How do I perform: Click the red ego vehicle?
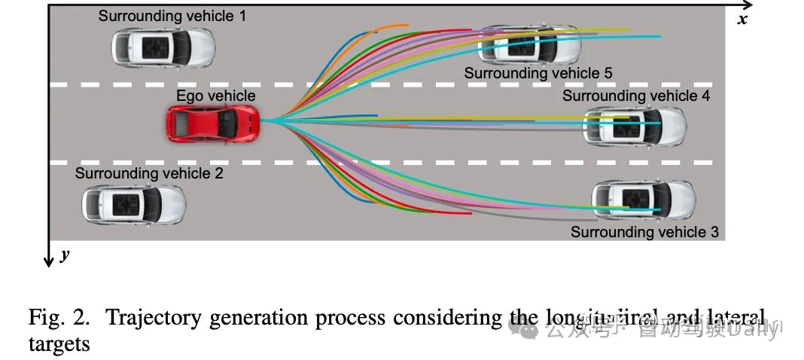point(214,123)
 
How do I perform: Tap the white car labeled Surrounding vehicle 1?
point(163,47)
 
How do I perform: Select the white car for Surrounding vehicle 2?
point(133,203)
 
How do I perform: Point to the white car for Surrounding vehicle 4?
point(635,126)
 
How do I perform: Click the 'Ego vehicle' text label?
point(215,96)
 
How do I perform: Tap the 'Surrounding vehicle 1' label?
point(172,16)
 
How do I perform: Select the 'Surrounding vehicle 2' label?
point(149,173)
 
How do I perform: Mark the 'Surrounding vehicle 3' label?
point(644,232)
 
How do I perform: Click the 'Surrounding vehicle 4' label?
point(635,96)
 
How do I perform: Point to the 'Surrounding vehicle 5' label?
point(538,73)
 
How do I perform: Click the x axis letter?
point(742,20)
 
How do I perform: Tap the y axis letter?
point(65,255)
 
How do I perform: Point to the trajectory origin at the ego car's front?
point(265,121)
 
